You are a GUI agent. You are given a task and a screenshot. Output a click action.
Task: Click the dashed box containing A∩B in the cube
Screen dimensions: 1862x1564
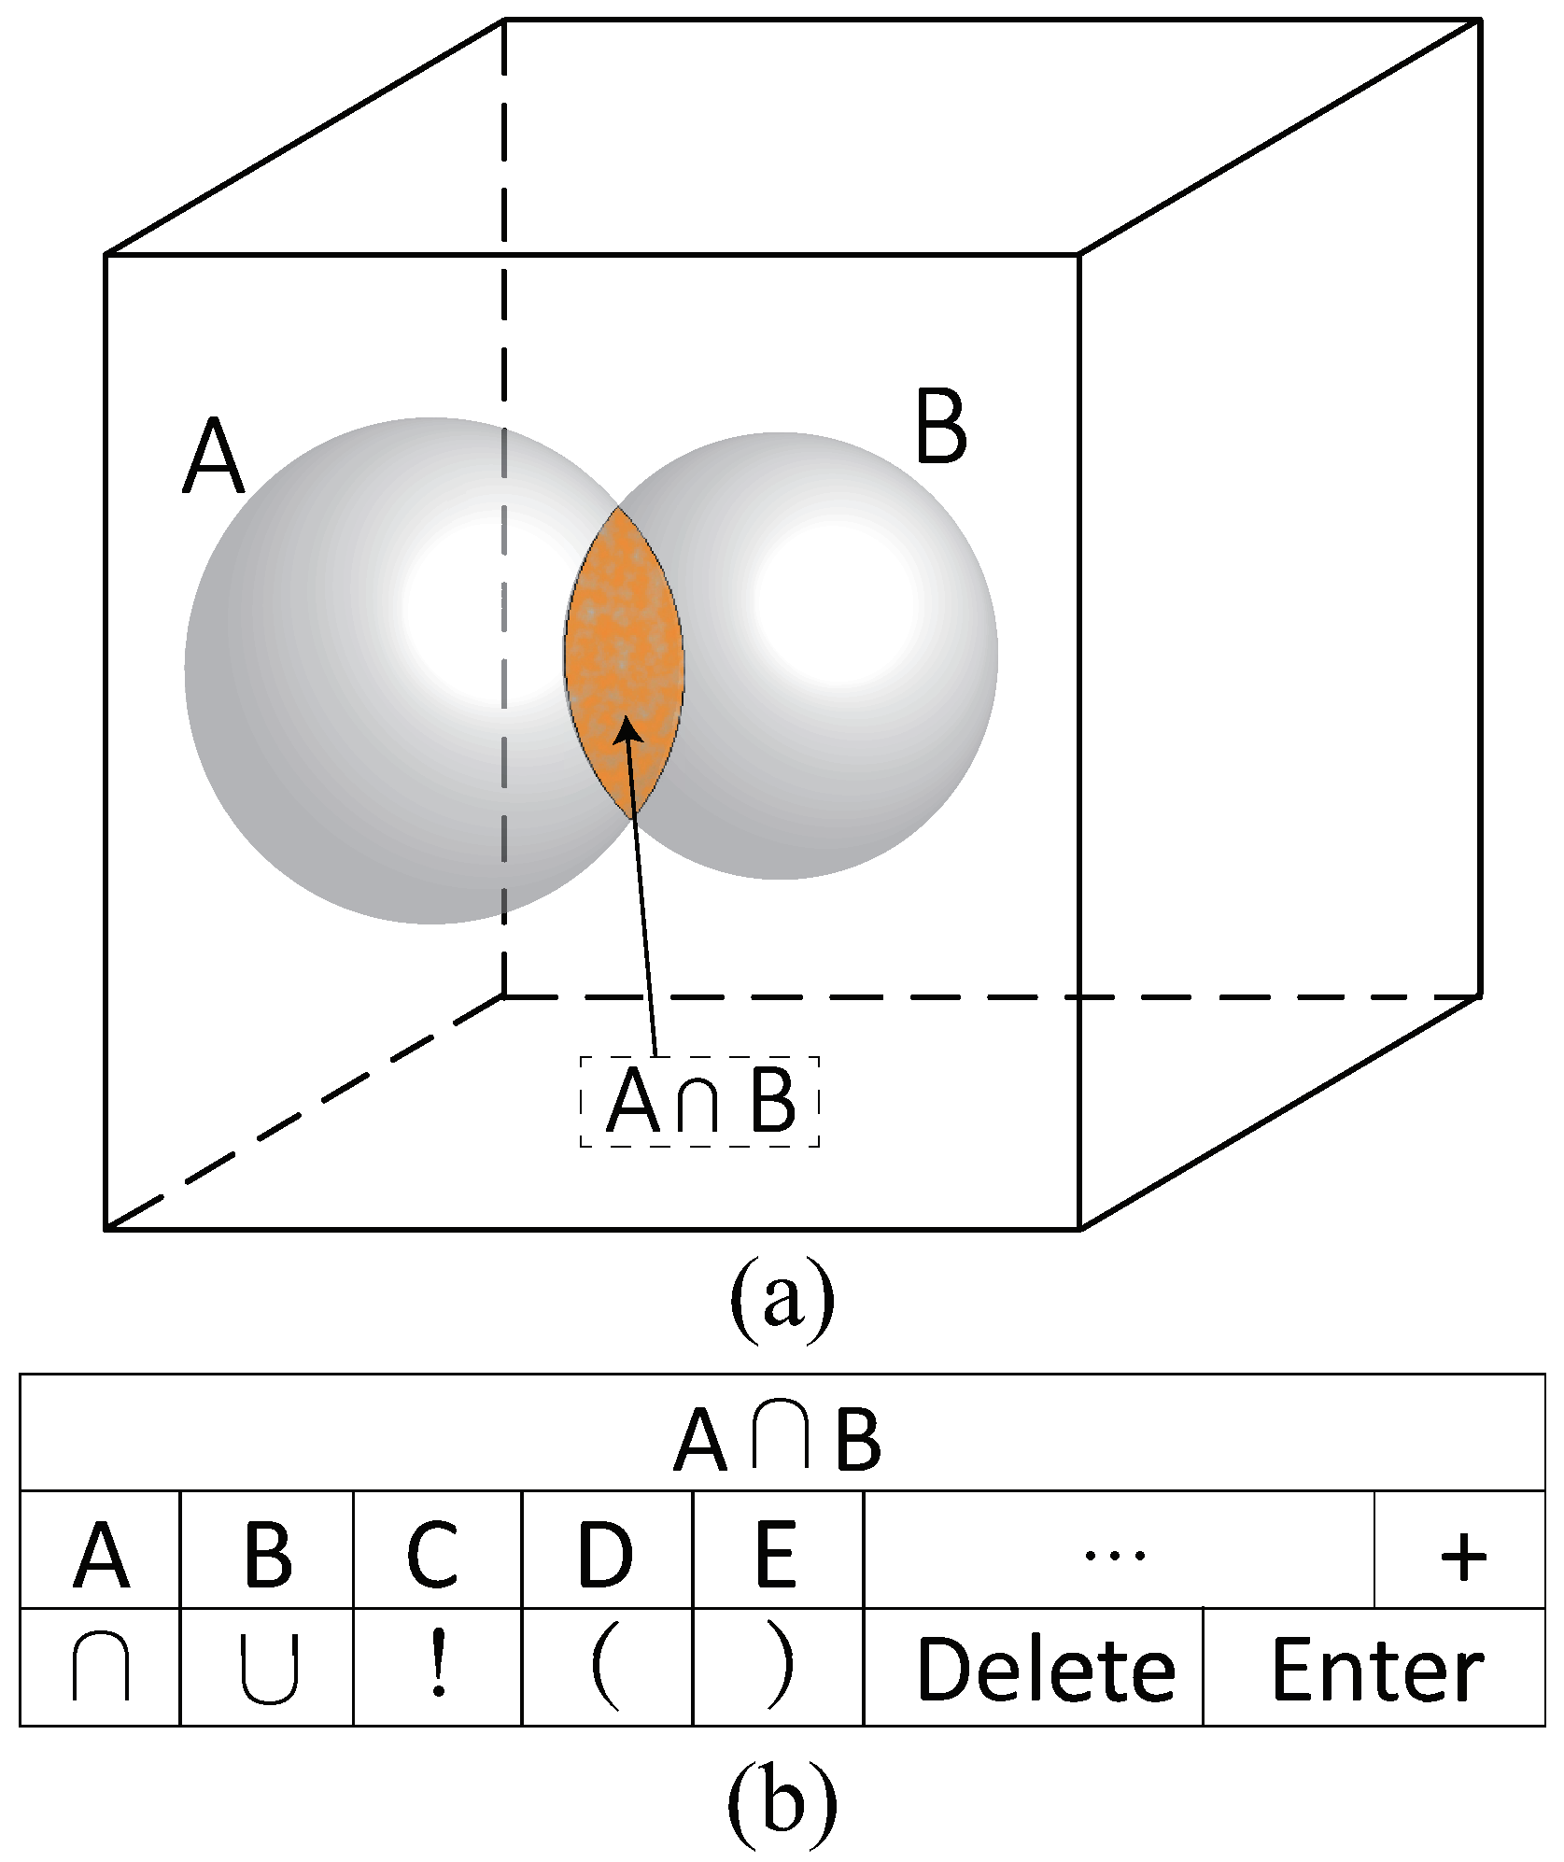699,1101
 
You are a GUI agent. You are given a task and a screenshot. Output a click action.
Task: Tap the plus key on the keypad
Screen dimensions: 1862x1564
1463,1557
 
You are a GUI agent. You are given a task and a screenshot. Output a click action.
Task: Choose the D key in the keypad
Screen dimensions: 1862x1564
606,1557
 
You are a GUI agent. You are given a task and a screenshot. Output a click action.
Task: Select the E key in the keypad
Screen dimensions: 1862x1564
777,1557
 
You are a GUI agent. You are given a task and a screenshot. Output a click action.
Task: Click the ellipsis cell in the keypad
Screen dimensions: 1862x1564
1118,1557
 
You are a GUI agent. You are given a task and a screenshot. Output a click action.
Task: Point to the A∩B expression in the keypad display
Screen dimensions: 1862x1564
777,1445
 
